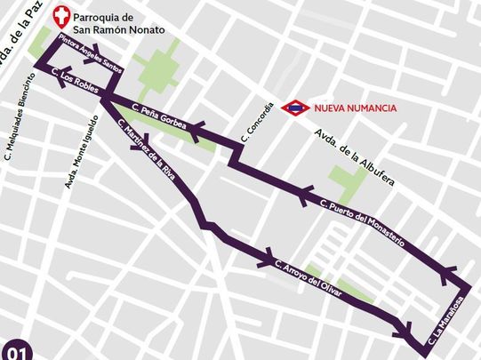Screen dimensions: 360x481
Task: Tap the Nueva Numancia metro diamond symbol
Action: [x=294, y=108]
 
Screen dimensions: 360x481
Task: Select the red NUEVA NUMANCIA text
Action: [x=355, y=108]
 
